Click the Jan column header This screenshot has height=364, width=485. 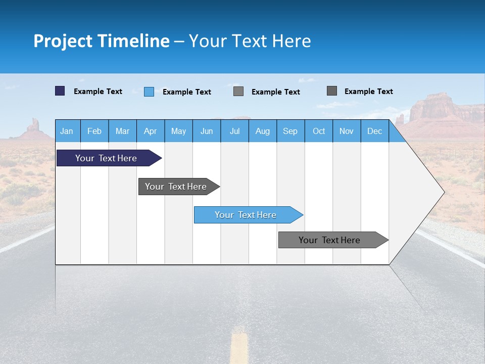coord(67,131)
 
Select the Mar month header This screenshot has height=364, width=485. coord(122,131)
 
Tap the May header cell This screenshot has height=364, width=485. coord(178,131)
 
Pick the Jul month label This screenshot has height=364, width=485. coord(234,131)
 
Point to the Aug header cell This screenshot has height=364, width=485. coord(262,131)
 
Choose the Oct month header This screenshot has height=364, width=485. coord(319,131)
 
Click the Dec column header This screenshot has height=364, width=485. coord(374,131)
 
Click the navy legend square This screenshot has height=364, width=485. coord(60,91)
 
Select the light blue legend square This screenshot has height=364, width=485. coord(149,92)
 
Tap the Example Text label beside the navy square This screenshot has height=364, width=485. coord(98,92)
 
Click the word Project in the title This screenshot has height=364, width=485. coord(63,41)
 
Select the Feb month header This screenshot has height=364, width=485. coord(94,131)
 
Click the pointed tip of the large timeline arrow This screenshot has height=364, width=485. coord(443,192)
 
